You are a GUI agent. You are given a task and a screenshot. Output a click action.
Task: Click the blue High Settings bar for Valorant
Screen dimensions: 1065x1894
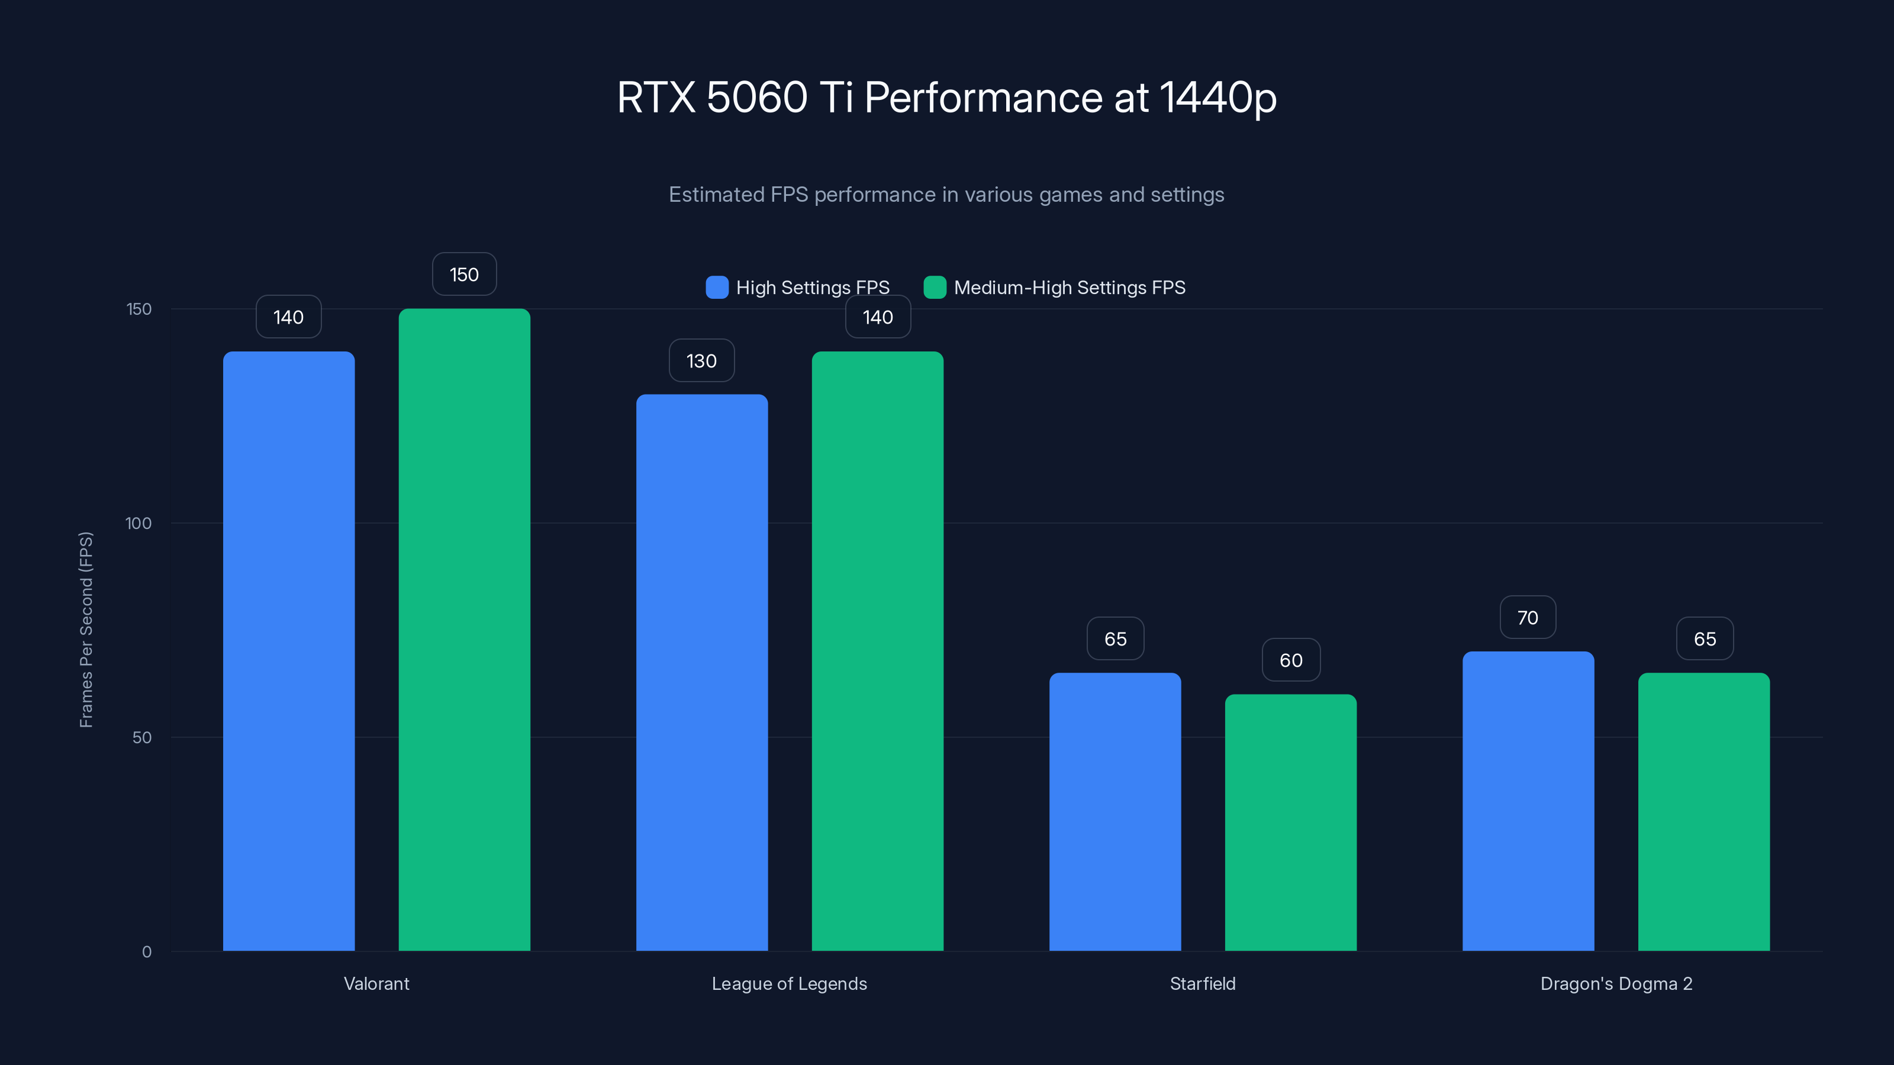[288, 650]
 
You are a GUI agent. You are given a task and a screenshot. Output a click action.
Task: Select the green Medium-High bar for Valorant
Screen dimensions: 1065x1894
[464, 629]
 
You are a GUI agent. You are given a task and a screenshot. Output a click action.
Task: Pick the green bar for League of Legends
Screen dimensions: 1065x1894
[877, 650]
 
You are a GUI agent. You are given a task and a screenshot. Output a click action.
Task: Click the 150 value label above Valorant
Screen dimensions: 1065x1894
[464, 274]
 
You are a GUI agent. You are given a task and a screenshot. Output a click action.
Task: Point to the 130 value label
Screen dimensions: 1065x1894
[701, 360]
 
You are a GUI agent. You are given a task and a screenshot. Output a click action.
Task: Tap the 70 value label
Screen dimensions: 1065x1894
[1528, 617]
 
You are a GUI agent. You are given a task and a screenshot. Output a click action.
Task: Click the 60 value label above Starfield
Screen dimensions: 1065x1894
[1291, 660]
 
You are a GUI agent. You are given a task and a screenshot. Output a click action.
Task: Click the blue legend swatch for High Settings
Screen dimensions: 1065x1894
[717, 288]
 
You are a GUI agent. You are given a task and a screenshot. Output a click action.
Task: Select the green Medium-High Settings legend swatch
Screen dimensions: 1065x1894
[935, 288]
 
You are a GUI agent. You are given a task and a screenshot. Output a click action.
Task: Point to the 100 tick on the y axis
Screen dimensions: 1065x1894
[138, 523]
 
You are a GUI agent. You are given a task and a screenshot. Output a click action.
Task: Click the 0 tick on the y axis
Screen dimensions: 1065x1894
[146, 952]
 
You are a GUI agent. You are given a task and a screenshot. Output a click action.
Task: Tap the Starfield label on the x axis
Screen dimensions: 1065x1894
[1202, 983]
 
